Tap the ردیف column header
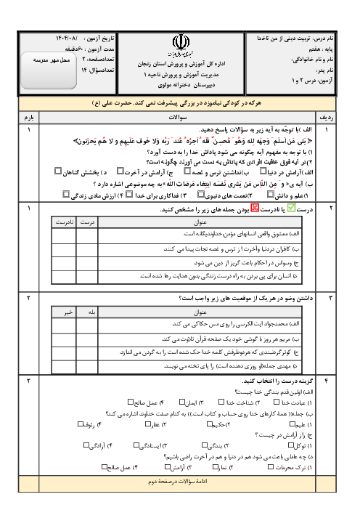(x=326, y=116)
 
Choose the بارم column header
(x=29, y=116)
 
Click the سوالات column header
(x=178, y=116)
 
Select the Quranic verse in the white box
(x=192, y=142)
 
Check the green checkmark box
(x=291, y=208)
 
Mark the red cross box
(x=254, y=208)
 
